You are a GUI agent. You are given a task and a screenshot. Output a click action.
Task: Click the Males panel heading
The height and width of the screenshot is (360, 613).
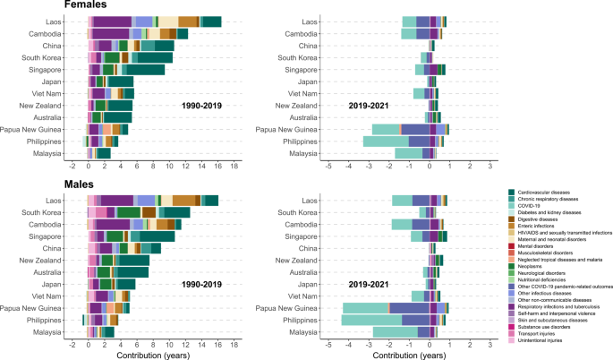pyautogui.click(x=24, y=184)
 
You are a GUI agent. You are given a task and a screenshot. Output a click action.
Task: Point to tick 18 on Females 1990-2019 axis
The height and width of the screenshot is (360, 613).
pyautogui.click(x=234, y=166)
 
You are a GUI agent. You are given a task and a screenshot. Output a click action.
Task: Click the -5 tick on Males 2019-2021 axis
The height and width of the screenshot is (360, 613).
pyautogui.click(x=303, y=344)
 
